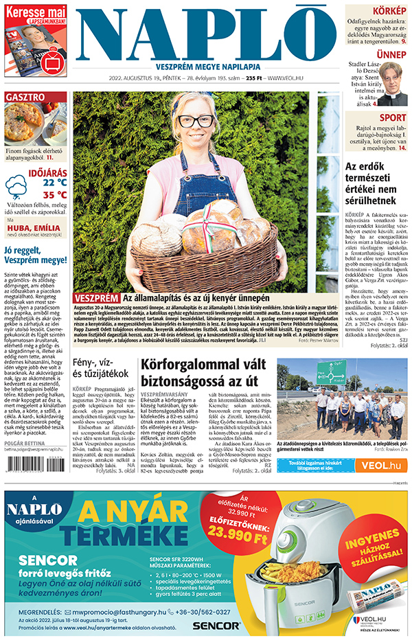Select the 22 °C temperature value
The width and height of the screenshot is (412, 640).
[x=54, y=183]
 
